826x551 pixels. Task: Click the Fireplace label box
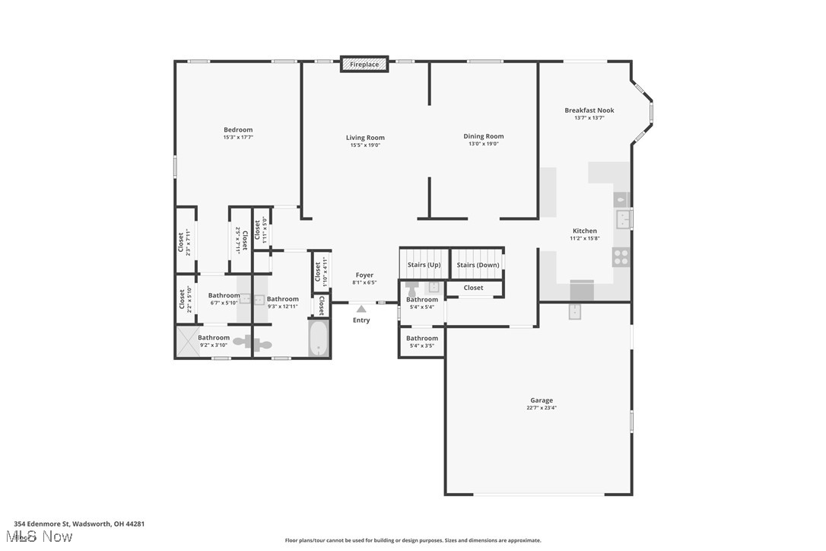tap(364, 65)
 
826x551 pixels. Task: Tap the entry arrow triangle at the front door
tap(361, 309)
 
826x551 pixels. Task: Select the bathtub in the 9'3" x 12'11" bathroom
tap(319, 339)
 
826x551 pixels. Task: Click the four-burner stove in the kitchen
tap(621, 257)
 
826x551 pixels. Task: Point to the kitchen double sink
tap(623, 220)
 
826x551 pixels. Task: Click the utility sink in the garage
tap(576, 311)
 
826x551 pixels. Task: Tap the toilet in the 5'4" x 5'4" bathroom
tap(412, 288)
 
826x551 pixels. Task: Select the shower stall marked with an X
tap(187, 341)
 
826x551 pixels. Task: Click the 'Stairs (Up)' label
tap(424, 265)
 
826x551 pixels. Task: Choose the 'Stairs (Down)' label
tap(478, 265)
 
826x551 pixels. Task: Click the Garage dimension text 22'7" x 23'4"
tap(542, 408)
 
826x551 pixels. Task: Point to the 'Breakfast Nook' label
tap(589, 110)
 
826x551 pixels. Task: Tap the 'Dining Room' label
tap(484, 136)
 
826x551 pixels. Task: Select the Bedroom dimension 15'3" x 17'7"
tap(238, 138)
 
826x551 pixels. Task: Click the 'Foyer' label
tap(364, 275)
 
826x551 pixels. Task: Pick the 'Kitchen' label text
tap(584, 231)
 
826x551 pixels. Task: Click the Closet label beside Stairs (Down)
tap(473, 288)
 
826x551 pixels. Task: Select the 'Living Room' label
tap(365, 138)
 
